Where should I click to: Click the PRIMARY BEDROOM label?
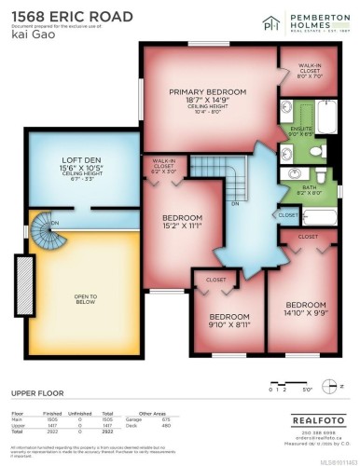(x=205, y=91)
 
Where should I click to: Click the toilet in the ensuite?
(x=316, y=151)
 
